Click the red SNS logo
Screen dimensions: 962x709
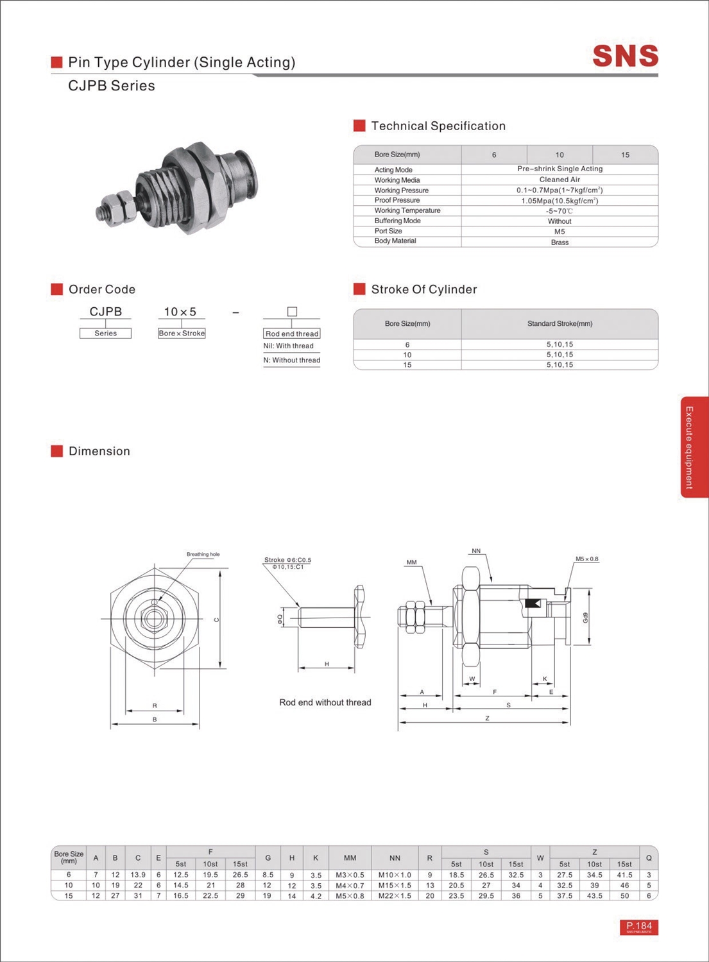[x=625, y=56]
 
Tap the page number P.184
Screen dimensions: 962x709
[x=638, y=927]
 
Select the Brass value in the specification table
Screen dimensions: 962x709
[x=559, y=242]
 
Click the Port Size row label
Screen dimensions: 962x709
[x=388, y=231]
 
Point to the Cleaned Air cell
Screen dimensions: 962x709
[x=559, y=180]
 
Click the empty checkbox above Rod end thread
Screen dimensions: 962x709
[x=292, y=312]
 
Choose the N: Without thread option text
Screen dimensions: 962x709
[x=291, y=360]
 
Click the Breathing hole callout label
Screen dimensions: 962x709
[x=203, y=554]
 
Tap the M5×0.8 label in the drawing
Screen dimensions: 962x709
[x=586, y=559]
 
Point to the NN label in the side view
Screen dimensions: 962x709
[x=475, y=551]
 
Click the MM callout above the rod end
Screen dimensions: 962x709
[x=411, y=562]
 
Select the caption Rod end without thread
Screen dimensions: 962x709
[x=325, y=702]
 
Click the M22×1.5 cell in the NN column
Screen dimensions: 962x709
[x=395, y=896]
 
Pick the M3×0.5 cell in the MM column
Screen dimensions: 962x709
[x=350, y=875]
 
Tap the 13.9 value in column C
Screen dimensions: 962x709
[x=137, y=875]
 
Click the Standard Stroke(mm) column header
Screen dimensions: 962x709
[x=559, y=324]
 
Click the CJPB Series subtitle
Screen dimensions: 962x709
[x=112, y=86]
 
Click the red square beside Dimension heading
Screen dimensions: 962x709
[x=57, y=451]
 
